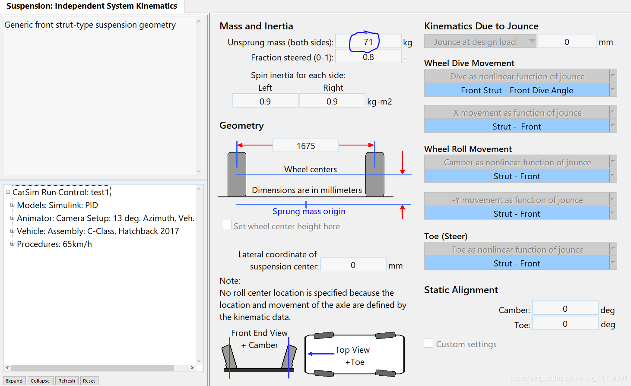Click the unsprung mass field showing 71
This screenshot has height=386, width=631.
[x=368, y=42]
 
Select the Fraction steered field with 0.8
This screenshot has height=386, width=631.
[x=368, y=57]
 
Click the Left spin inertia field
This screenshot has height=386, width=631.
[x=265, y=101]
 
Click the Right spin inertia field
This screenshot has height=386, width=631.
[x=332, y=101]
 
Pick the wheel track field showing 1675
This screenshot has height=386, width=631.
[x=306, y=146]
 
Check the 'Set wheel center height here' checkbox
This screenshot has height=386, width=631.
[x=226, y=225]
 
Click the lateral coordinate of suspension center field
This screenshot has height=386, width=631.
[x=353, y=265]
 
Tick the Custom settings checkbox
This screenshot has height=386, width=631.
[x=428, y=343]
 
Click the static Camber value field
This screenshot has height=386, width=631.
[x=565, y=309]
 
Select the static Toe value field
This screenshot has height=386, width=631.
[x=565, y=324]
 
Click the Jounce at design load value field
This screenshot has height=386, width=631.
[x=567, y=42]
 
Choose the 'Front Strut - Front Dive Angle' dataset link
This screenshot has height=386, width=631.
[x=517, y=90]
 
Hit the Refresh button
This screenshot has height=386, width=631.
[x=67, y=381]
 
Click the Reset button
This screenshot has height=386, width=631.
[x=89, y=381]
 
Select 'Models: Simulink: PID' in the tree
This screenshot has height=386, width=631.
[x=57, y=205]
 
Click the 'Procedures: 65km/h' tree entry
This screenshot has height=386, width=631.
[x=54, y=244]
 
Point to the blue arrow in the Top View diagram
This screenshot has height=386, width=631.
[x=321, y=354]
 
